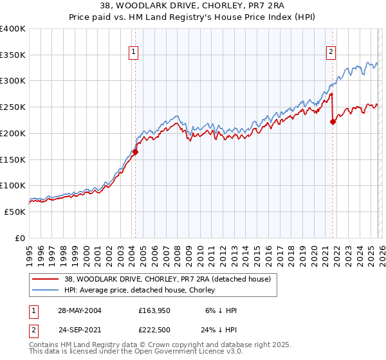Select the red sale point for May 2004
(135, 152)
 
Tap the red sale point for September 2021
(333, 122)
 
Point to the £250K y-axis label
(13, 107)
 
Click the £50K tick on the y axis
(15, 212)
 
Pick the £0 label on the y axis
(21, 238)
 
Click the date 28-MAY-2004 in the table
(80, 310)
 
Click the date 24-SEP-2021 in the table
(80, 330)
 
